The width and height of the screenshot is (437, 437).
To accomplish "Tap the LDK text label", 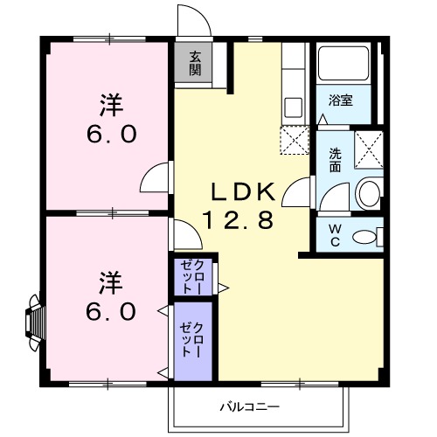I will point(242,191).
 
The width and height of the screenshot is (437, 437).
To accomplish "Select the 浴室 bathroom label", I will point(341,100).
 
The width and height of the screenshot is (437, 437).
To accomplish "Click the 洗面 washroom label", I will point(336,161).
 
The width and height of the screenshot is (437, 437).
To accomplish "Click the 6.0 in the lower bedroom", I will point(109,310).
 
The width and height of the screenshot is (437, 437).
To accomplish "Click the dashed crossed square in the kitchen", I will point(294,139).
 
